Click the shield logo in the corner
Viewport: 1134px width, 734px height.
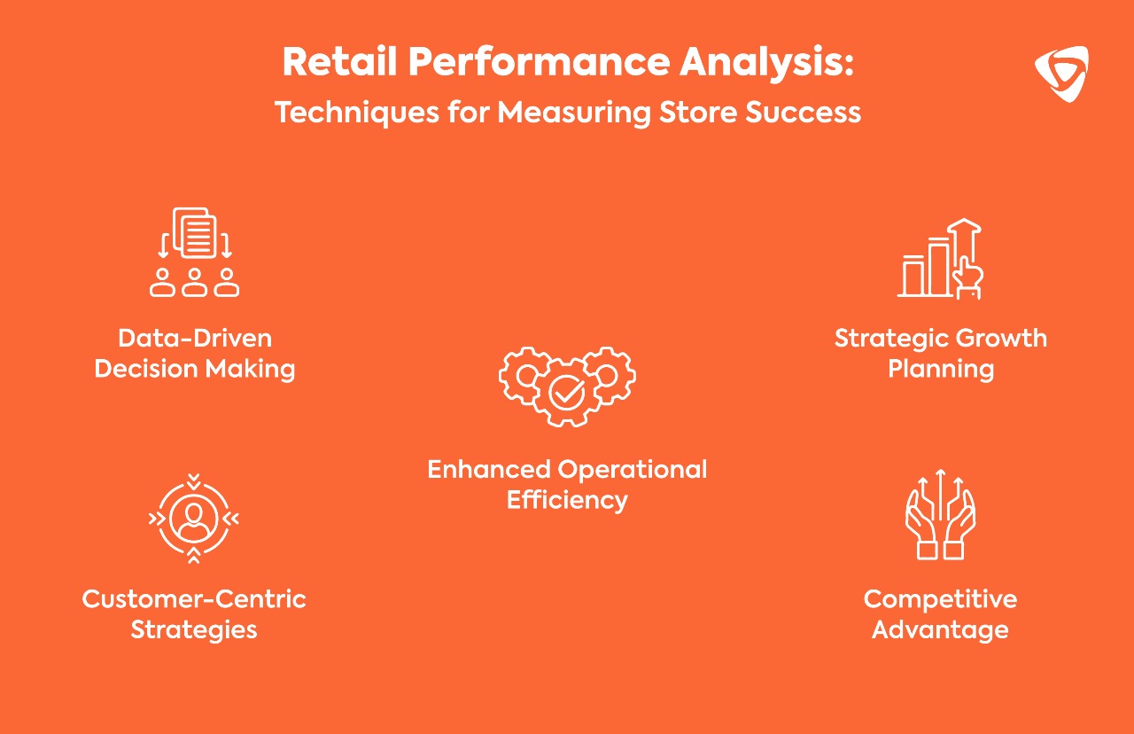click(1060, 74)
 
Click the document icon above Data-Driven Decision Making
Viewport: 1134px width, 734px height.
click(194, 233)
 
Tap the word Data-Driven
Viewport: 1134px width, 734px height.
click(195, 338)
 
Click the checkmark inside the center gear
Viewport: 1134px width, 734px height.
click(566, 391)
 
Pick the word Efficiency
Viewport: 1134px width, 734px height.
click(567, 500)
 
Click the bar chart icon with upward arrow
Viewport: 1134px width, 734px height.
click(941, 259)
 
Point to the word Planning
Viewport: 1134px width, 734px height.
click(941, 369)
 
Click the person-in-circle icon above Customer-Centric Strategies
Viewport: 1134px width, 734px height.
click(194, 519)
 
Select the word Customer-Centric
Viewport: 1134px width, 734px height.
click(194, 598)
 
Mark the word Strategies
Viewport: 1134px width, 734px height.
click(194, 629)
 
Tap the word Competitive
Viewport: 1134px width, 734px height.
click(940, 598)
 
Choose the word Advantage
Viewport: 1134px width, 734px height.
click(940, 629)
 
